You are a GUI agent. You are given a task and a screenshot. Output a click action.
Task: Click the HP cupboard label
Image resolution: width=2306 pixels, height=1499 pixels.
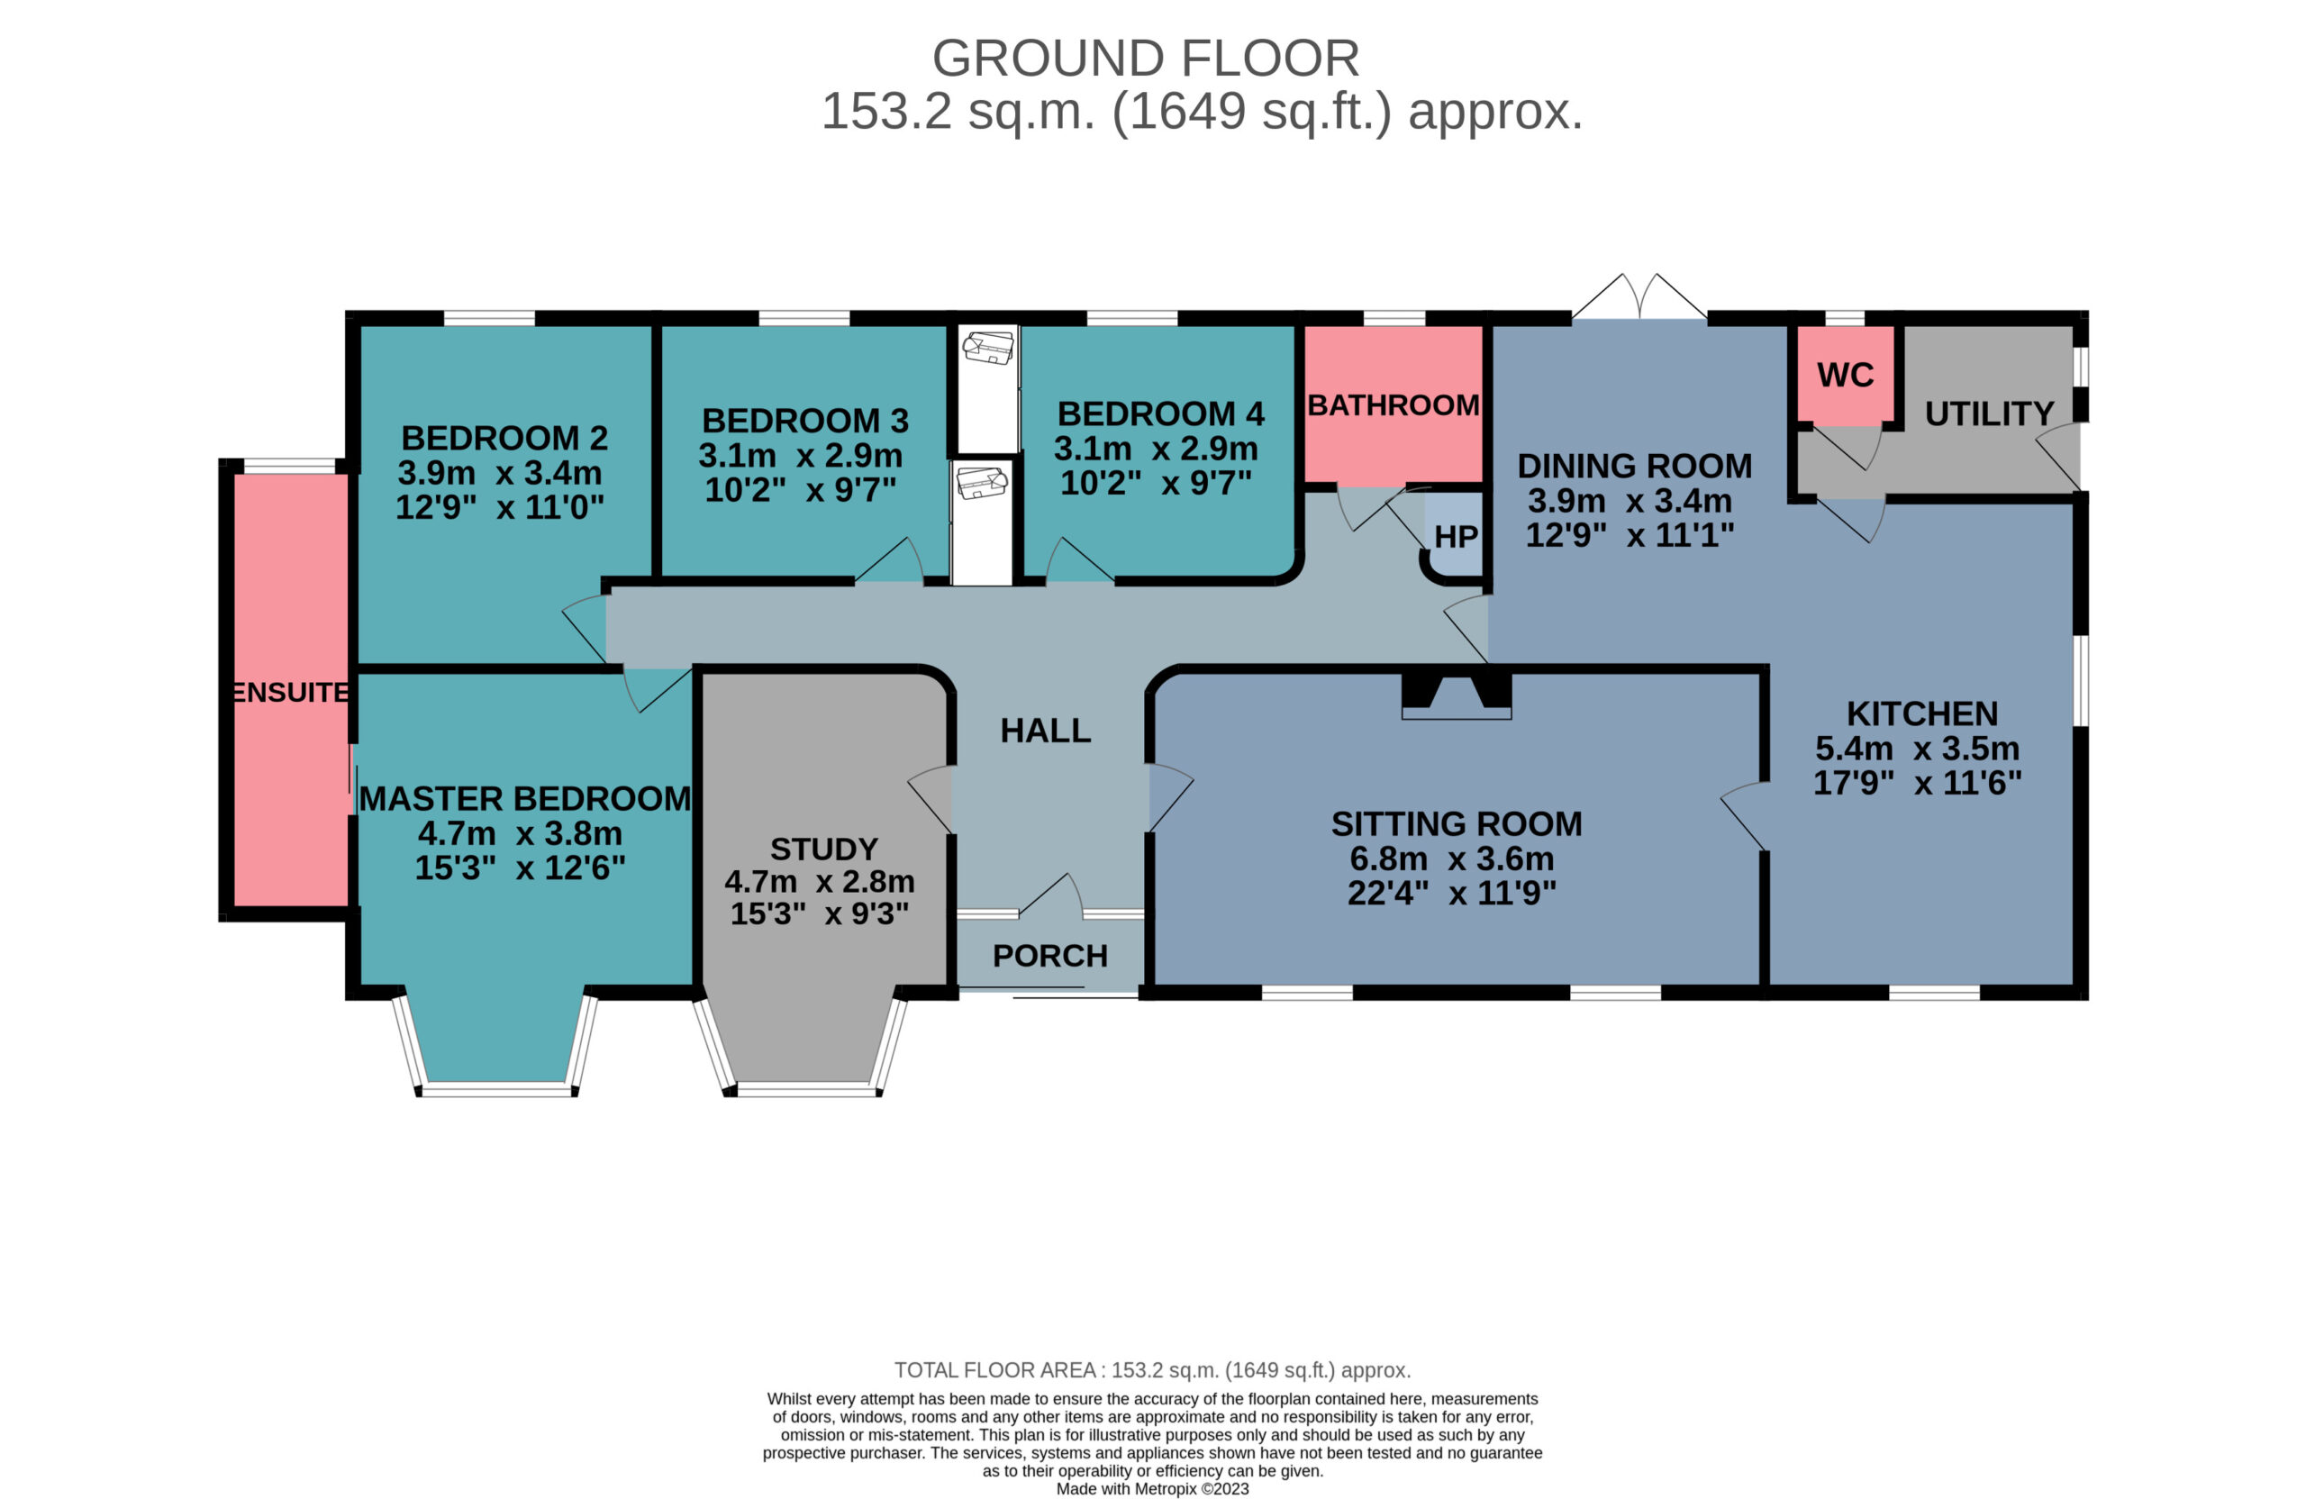pos(1456,537)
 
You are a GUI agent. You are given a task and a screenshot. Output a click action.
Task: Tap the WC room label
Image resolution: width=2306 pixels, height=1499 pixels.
pos(1845,375)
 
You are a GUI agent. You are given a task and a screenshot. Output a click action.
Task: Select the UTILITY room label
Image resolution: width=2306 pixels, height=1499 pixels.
pos(1989,413)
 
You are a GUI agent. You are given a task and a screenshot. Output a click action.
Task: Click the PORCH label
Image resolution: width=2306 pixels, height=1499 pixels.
pos(1050,957)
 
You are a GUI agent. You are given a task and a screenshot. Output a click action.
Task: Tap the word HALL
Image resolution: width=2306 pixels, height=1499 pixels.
pos(1046,731)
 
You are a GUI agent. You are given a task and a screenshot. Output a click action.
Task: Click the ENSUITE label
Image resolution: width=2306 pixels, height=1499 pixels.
pos(291,692)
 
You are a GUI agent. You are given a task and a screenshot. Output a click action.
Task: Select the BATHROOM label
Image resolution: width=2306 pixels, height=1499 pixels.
pos(1394,405)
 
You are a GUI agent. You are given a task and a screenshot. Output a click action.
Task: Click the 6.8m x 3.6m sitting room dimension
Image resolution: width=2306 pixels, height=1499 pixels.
pos(1451,859)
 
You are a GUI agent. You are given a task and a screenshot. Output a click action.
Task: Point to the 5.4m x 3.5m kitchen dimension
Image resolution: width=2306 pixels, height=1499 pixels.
pos(1918,748)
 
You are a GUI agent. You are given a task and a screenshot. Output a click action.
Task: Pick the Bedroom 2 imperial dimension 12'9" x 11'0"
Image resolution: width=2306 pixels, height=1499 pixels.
pos(500,507)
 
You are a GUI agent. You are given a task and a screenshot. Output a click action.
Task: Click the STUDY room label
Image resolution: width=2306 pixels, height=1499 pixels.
pos(823,849)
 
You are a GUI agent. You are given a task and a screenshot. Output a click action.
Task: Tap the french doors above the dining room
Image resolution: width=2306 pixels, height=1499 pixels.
pos(1639,296)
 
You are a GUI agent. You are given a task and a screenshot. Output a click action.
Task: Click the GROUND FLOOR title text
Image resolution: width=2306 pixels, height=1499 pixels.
pos(1145,59)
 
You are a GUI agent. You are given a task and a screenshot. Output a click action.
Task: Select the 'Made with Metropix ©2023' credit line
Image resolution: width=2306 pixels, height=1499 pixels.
pos(1152,1488)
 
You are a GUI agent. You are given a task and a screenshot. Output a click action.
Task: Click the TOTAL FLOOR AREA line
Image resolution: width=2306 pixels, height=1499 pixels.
pos(1152,1370)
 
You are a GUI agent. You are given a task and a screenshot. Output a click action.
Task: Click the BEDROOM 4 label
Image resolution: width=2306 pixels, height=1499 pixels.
pos(1161,413)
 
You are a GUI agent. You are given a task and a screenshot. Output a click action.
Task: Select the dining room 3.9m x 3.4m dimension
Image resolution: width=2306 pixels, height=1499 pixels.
pos(1630,501)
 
